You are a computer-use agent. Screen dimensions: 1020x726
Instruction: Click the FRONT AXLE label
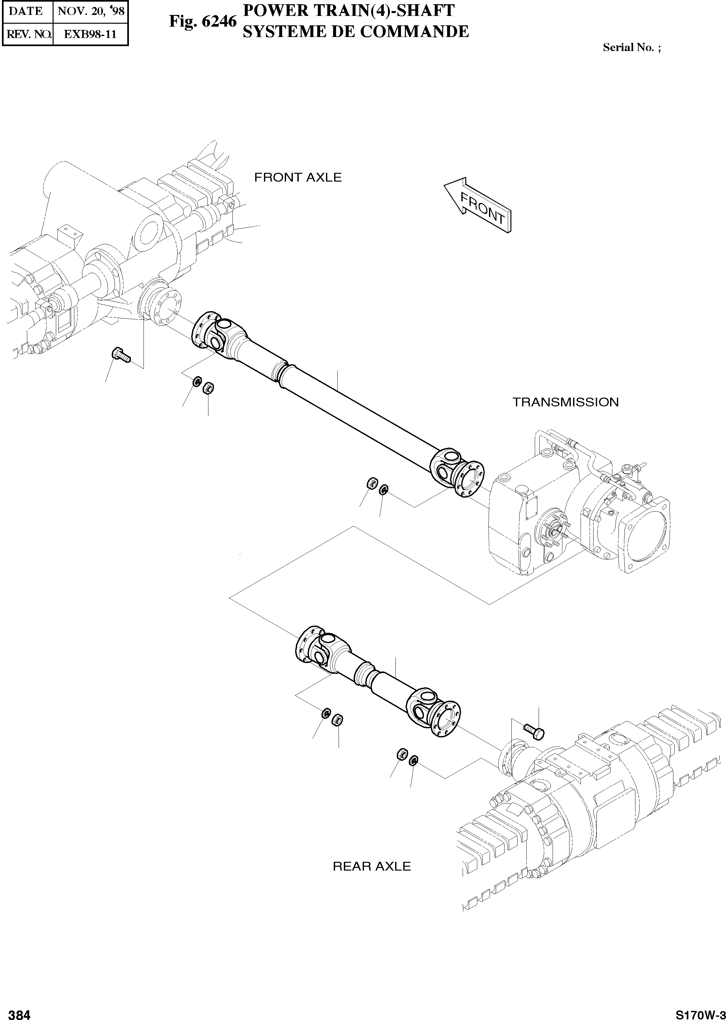pos(298,178)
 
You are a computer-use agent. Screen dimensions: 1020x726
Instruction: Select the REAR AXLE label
pos(371,866)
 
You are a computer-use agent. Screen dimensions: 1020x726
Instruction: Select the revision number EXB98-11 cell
pos(90,34)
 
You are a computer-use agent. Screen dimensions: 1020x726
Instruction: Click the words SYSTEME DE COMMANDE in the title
pos(356,32)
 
